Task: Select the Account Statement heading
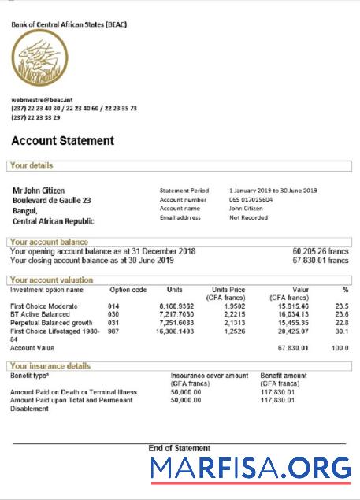pos(62,141)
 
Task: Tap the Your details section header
pos(32,166)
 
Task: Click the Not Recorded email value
pos(248,217)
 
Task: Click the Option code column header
pos(128,290)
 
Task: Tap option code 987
pos(113,332)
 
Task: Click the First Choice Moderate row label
pos(44,306)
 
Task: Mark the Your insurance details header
pos(50,366)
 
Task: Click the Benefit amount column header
pos(283,376)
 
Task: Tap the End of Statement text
pos(179,448)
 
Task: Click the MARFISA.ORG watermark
pos(251,469)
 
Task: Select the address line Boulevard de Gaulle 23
pos(51,201)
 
